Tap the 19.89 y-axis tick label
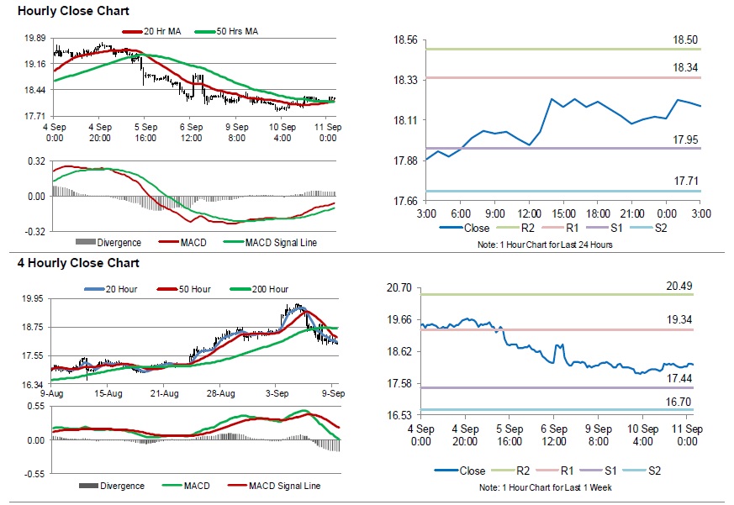pos(34,39)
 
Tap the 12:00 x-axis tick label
pos(529,214)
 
